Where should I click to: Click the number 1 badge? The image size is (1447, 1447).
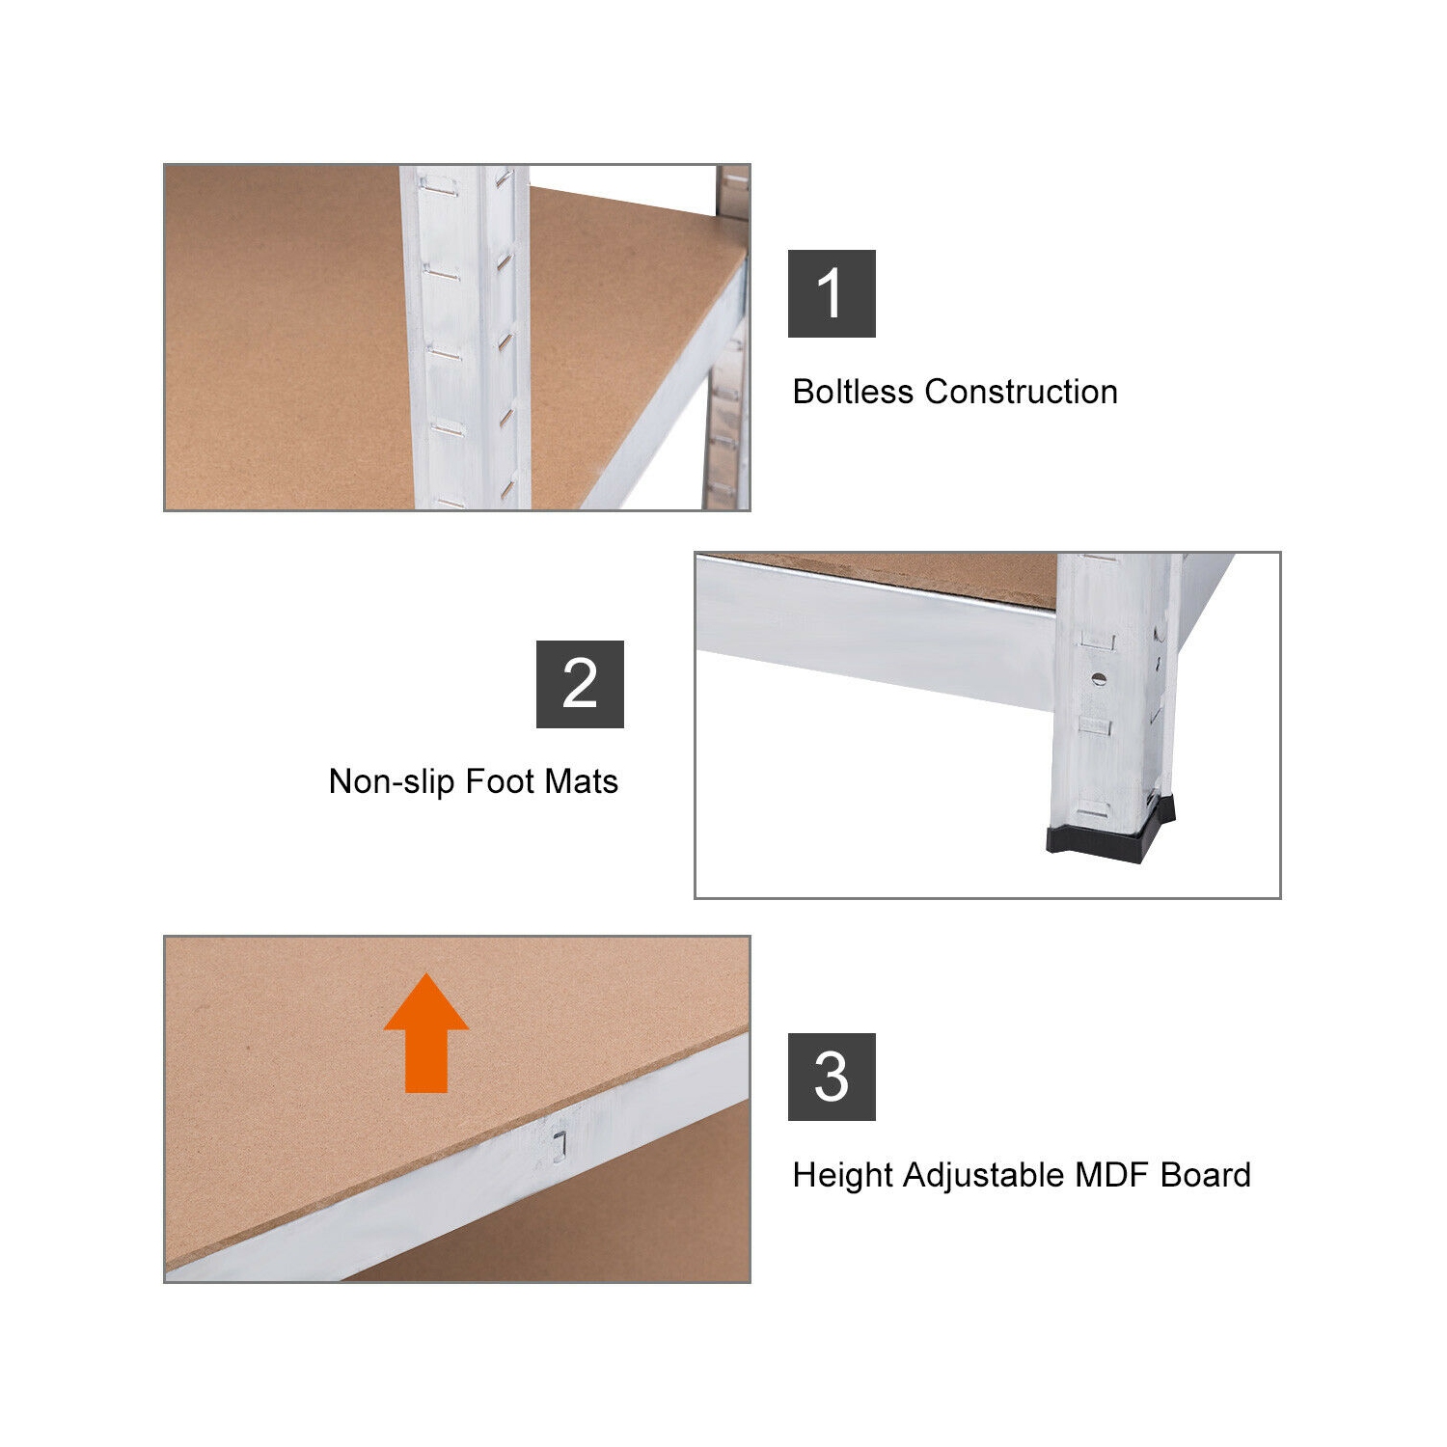(832, 293)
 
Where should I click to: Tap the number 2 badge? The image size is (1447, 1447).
(580, 684)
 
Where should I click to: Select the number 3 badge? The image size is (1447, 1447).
(832, 1077)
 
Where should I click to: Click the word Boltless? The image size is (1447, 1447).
(853, 392)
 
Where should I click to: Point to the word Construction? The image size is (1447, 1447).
(1021, 392)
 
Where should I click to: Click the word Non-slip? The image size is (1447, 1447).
(391, 781)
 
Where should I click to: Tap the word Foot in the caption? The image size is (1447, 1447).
(499, 781)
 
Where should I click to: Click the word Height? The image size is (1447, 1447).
(842, 1175)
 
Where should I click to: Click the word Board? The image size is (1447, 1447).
(1205, 1175)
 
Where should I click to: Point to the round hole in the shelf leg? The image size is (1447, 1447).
(1097, 678)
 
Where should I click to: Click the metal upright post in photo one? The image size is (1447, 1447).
(465, 338)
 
